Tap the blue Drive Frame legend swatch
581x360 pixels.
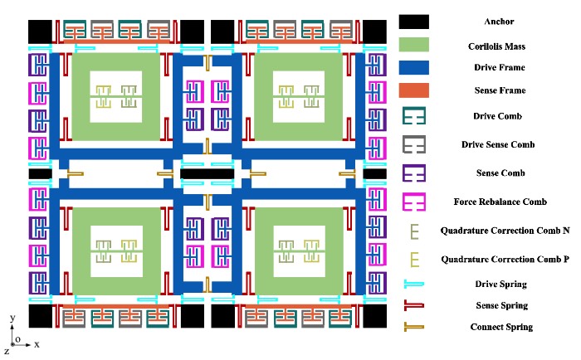pos(413,69)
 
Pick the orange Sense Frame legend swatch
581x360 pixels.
pos(413,90)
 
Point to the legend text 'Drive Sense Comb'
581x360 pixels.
pos(498,144)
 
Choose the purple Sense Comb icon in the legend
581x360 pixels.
pos(413,173)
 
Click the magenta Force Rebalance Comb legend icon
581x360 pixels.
pos(413,202)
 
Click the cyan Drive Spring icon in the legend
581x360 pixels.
pos(413,285)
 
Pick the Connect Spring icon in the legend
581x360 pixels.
pos(413,327)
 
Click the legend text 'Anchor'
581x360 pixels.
pos(498,22)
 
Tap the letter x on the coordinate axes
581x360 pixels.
pos(37,342)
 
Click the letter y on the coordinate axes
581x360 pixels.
pos(11,318)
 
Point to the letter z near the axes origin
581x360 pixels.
pos(7,352)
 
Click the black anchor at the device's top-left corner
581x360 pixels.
pos(40,32)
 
